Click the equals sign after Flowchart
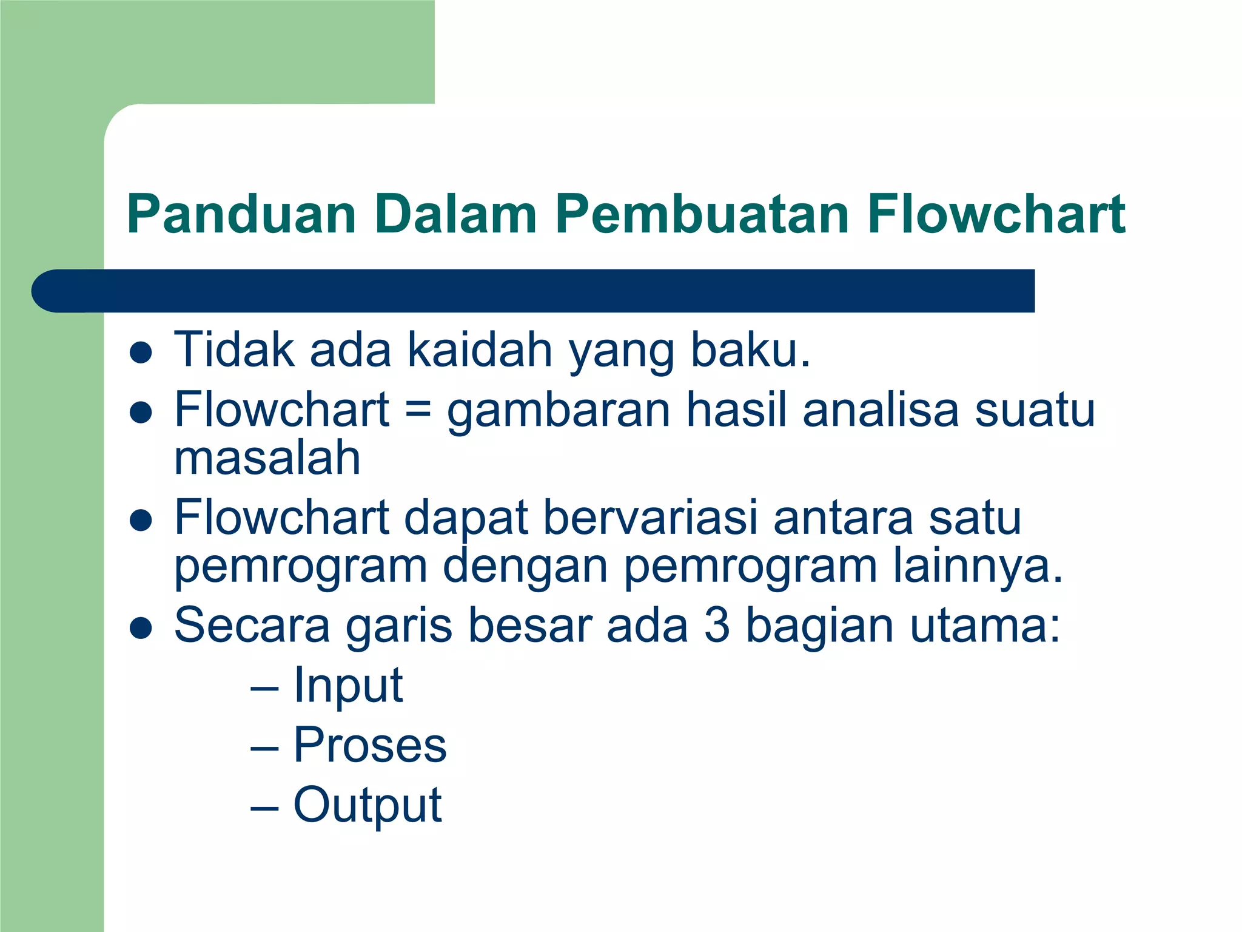[x=418, y=409]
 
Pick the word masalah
[x=267, y=458]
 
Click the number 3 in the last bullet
[x=717, y=625]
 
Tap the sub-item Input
[x=348, y=686]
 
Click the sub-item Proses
[x=370, y=745]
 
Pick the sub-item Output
[x=368, y=805]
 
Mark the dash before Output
[x=264, y=809]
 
